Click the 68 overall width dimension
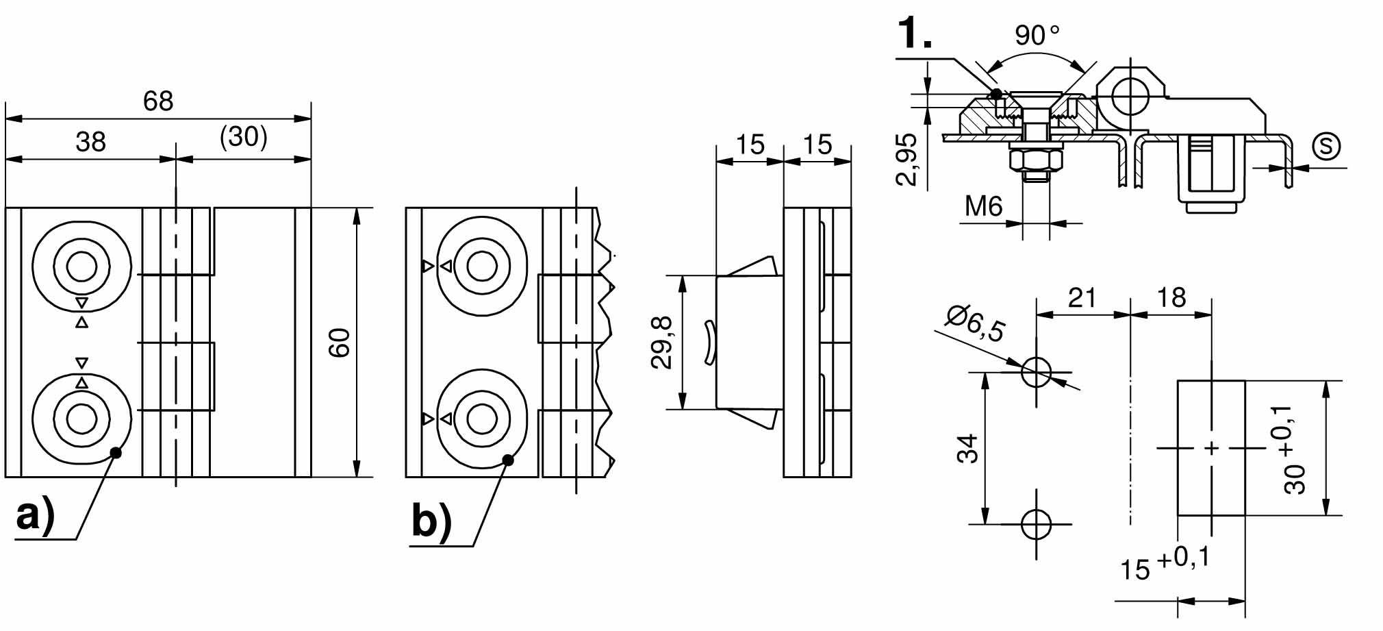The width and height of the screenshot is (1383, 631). [158, 101]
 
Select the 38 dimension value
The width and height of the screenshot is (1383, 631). [91, 143]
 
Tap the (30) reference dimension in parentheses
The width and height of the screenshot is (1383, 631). [244, 137]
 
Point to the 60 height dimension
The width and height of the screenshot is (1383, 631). [340, 342]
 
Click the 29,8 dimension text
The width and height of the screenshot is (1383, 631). [662, 343]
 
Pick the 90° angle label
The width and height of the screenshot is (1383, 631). [1037, 35]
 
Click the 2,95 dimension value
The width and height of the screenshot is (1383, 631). [906, 160]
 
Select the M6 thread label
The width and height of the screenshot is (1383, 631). [984, 206]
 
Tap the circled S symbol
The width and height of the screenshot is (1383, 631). [1326, 146]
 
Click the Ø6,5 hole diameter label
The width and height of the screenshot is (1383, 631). [975, 323]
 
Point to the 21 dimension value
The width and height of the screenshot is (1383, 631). [1082, 297]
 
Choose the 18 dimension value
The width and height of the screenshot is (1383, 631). [1171, 297]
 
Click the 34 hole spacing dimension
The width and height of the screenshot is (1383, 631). [967, 449]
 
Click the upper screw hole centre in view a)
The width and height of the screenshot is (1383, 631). [82, 266]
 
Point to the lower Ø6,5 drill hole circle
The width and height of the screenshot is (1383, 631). [1036, 525]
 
